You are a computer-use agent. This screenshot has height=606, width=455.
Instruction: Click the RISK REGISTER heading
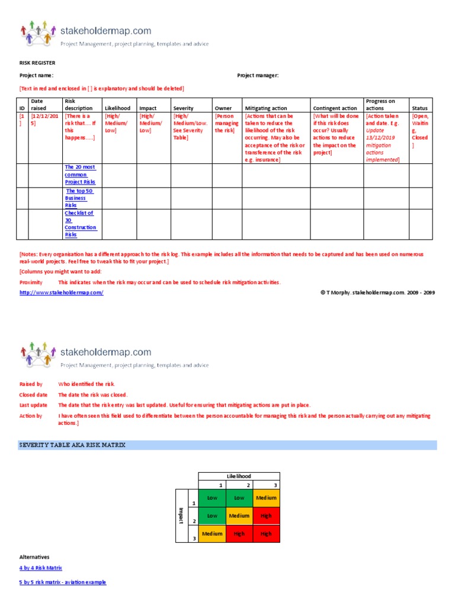click(x=38, y=62)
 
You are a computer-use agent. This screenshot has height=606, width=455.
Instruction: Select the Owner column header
click(x=223, y=108)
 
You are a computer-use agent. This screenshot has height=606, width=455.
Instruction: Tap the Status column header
click(x=420, y=108)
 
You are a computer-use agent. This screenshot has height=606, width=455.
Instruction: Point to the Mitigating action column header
click(x=266, y=108)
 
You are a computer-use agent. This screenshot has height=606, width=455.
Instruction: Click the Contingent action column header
click(x=335, y=108)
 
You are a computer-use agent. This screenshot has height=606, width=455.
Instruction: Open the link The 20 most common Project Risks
click(x=80, y=175)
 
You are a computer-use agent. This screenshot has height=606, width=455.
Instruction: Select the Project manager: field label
click(x=258, y=75)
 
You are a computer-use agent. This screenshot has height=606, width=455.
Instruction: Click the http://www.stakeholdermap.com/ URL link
click(x=62, y=293)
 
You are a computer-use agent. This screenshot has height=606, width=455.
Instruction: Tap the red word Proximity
click(x=31, y=282)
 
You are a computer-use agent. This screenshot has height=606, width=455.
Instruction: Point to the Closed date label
click(x=33, y=395)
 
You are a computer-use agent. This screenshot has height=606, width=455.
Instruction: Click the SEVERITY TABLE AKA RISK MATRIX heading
click(x=73, y=445)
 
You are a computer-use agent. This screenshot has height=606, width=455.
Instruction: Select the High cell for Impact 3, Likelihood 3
click(x=266, y=534)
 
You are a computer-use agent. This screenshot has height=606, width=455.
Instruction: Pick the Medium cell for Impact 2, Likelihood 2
click(x=239, y=516)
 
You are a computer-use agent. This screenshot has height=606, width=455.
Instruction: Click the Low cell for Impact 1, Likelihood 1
click(x=212, y=498)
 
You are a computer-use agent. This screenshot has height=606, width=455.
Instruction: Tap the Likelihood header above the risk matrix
click(x=239, y=476)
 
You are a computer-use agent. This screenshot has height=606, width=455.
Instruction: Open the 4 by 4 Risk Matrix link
click(x=41, y=568)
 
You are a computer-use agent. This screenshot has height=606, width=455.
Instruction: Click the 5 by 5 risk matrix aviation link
click(x=63, y=582)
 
